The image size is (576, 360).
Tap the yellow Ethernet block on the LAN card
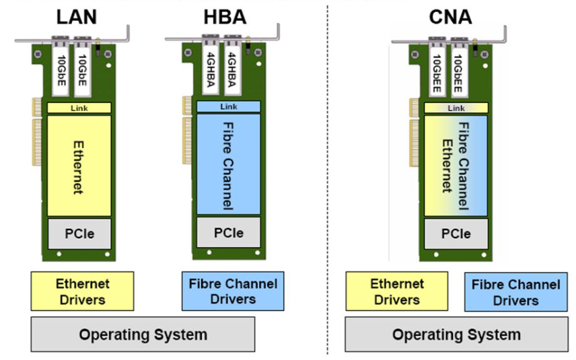click(x=78, y=166)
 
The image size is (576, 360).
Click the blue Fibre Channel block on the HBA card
click(x=228, y=166)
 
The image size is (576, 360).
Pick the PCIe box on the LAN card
click(x=78, y=233)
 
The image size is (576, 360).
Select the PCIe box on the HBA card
click(x=228, y=233)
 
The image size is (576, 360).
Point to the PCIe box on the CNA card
click(x=456, y=233)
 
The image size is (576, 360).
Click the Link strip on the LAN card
click(x=78, y=108)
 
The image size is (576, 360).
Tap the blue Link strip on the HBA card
click(x=228, y=107)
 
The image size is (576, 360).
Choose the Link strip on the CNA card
click(x=456, y=108)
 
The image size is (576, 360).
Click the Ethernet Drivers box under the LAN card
click(x=82, y=291)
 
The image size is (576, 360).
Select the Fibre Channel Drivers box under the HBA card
click(x=233, y=291)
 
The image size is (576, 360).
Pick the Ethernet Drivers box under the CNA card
click(x=397, y=291)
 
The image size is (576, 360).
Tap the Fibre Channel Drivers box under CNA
click(x=515, y=292)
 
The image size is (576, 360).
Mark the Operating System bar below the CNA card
click(x=456, y=334)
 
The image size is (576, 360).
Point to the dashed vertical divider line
click(x=328, y=202)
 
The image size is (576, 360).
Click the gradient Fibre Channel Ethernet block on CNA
click(x=456, y=166)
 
